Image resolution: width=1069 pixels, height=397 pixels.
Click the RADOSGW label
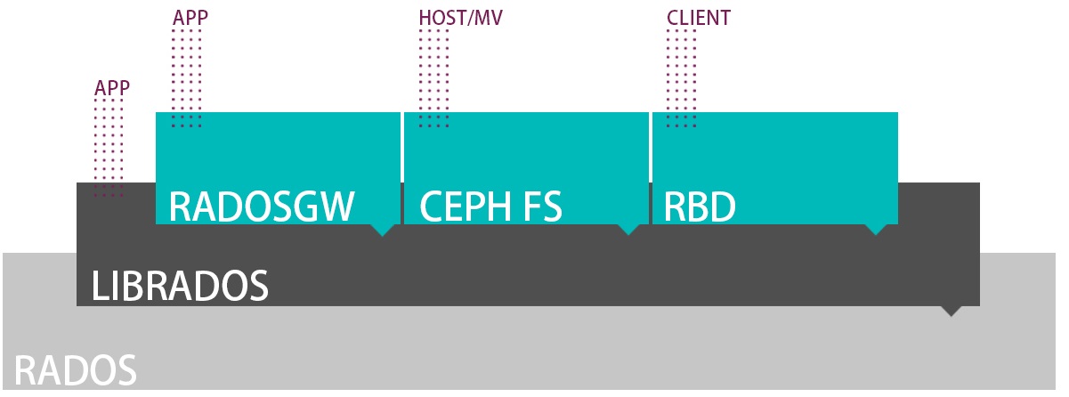click(x=262, y=207)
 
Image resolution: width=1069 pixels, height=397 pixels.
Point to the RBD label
click(x=700, y=207)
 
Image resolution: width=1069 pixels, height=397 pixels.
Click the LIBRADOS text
click(x=180, y=286)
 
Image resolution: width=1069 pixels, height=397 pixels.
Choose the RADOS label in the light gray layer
click(x=76, y=370)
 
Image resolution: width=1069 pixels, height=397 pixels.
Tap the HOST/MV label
click(x=453, y=18)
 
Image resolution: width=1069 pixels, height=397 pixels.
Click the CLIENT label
click(x=699, y=18)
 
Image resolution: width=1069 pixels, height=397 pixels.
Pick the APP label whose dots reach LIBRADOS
click(x=112, y=87)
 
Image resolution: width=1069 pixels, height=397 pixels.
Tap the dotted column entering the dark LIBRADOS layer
click(x=109, y=147)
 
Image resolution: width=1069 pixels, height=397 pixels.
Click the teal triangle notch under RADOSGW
click(x=382, y=230)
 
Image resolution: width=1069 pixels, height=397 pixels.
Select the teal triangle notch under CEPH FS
click(x=629, y=230)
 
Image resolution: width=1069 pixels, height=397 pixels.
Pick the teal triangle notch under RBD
click(x=877, y=230)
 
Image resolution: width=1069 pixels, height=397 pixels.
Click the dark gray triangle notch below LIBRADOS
click(x=952, y=312)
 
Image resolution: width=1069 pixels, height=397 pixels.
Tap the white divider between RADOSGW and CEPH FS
click(x=402, y=167)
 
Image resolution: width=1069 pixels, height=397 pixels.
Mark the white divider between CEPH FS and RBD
click(x=651, y=167)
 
